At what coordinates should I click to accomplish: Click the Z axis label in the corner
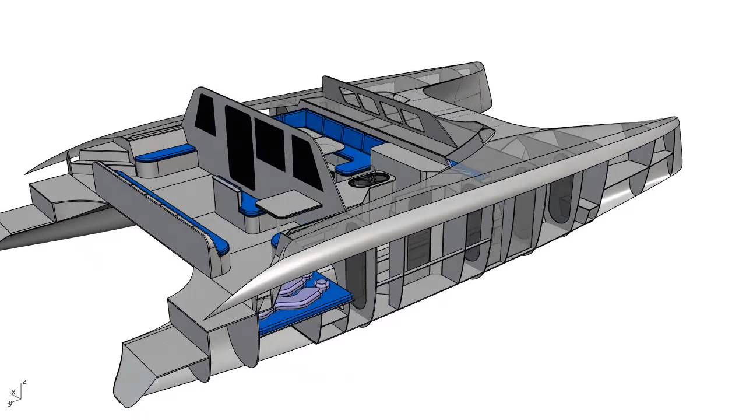tap(24, 381)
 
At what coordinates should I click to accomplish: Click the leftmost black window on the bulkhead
tap(205, 114)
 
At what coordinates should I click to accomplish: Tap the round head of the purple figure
tap(321, 283)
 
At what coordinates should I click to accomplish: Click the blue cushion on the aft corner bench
tap(166, 153)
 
